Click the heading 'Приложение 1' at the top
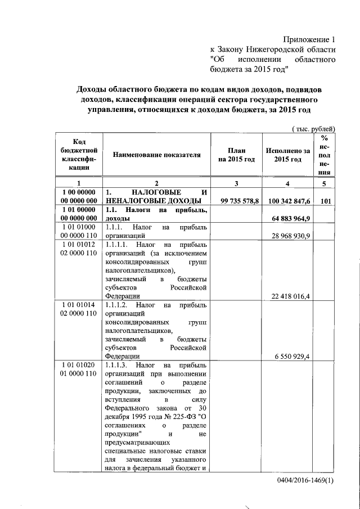[x=308, y=40]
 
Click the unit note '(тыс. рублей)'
[x=314, y=129]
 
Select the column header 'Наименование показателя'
[x=157, y=155]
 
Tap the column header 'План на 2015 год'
[x=237, y=155]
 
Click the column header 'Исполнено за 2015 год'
[x=288, y=155]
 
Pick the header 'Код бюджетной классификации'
[x=79, y=155]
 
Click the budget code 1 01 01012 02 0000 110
[x=79, y=249]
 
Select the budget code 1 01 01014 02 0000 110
[x=79, y=310]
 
